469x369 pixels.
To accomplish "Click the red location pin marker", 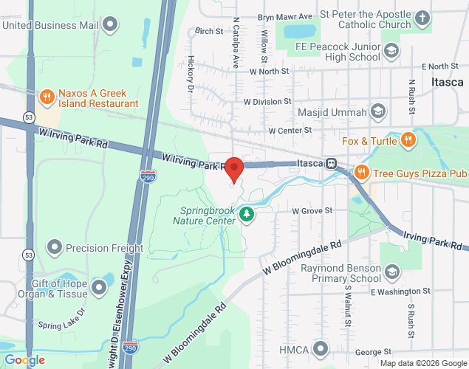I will point(234,169).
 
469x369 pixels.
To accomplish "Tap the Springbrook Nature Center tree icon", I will point(247,214).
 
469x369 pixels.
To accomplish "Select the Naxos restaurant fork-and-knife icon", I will point(47,97).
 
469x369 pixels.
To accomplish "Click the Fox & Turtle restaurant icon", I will point(407,140).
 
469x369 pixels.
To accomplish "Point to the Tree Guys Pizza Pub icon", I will point(361,173).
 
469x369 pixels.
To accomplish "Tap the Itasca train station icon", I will point(333,163).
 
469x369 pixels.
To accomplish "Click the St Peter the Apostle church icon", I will point(422,18).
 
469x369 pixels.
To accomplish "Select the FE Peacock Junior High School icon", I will point(391,51).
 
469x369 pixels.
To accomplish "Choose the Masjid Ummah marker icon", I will point(378,112).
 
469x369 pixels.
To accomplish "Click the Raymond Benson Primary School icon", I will point(392,273).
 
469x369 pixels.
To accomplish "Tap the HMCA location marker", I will point(320,348).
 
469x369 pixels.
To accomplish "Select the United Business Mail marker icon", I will point(111,24).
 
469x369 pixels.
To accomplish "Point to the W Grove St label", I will point(312,210).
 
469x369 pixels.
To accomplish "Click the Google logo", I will point(24,359).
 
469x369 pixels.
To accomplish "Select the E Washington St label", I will point(400,292).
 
